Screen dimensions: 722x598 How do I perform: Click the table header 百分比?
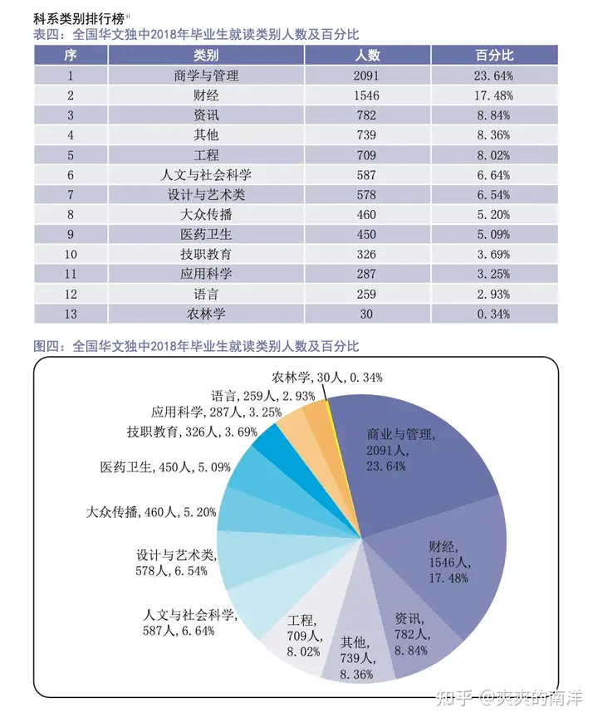point(494,55)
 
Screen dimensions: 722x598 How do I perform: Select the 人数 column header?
point(366,55)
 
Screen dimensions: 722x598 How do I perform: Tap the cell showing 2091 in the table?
point(366,76)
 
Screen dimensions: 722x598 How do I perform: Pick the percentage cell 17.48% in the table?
point(494,95)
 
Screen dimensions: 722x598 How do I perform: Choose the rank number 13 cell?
point(71,315)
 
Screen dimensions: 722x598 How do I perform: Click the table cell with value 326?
point(366,255)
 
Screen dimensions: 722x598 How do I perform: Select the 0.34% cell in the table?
point(494,315)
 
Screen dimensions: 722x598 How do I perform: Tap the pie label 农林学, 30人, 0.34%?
point(327,378)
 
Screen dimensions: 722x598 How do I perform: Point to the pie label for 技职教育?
point(192,432)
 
